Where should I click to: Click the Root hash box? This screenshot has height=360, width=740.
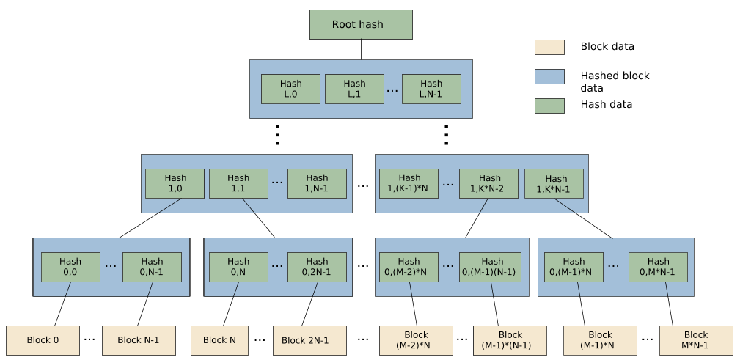(x=361, y=24)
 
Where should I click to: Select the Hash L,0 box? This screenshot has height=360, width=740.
(x=291, y=89)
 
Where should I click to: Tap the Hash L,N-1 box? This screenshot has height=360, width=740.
(x=431, y=89)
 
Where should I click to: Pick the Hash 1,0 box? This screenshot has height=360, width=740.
(x=175, y=183)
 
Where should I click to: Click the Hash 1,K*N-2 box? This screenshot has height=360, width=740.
(x=489, y=183)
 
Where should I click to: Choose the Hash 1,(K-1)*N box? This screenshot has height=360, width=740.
(x=409, y=183)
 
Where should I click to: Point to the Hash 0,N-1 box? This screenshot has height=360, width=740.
(x=152, y=267)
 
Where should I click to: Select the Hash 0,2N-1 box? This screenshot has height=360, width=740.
(x=317, y=267)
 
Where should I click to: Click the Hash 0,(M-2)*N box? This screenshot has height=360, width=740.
(x=409, y=267)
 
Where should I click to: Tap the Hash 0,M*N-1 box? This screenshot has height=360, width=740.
(x=658, y=267)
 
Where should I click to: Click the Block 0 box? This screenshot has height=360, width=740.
(x=43, y=340)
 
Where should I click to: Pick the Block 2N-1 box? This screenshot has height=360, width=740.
(x=305, y=340)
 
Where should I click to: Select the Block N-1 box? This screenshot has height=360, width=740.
(x=139, y=340)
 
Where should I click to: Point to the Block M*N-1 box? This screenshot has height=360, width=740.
(x=696, y=340)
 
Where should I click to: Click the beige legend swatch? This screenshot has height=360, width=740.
(x=549, y=47)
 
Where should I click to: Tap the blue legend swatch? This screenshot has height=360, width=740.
(x=549, y=76)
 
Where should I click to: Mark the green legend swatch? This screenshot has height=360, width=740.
(x=549, y=106)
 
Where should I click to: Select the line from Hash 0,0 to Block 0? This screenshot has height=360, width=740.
(x=66, y=290)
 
